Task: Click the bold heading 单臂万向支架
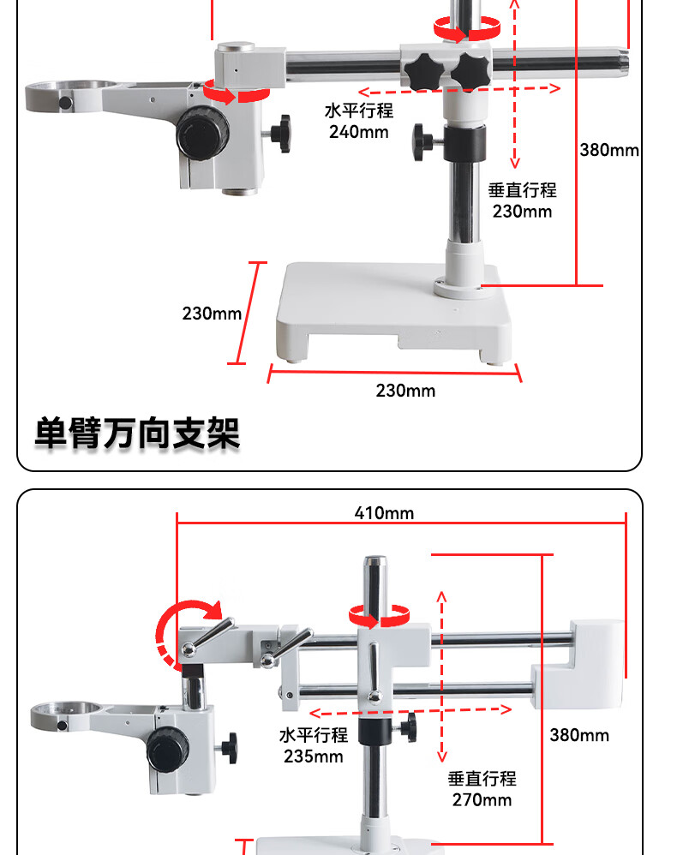click(137, 433)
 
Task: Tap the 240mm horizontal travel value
click(358, 132)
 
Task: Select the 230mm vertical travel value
click(522, 211)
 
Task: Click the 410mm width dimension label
click(384, 513)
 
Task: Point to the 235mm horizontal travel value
click(313, 756)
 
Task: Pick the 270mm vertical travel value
click(482, 799)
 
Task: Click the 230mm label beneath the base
click(405, 391)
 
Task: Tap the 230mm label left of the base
click(212, 314)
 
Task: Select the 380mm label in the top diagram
click(609, 150)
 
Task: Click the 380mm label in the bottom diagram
click(579, 735)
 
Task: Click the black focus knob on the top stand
click(203, 132)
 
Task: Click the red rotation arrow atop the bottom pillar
click(378, 615)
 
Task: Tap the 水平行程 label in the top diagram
click(358, 111)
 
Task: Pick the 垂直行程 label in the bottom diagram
click(482, 779)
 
